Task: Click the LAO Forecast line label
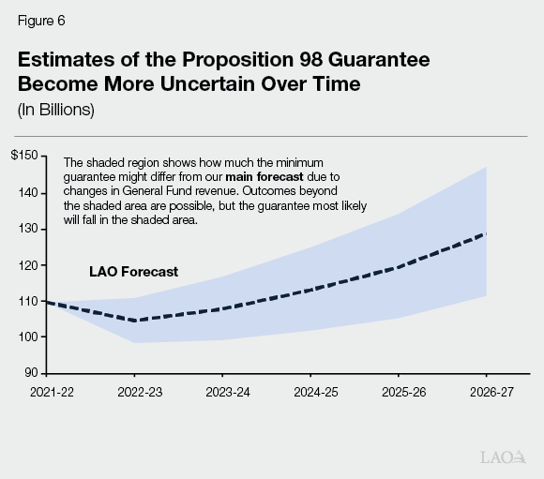pos(133,273)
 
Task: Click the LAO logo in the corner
pos(502,457)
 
